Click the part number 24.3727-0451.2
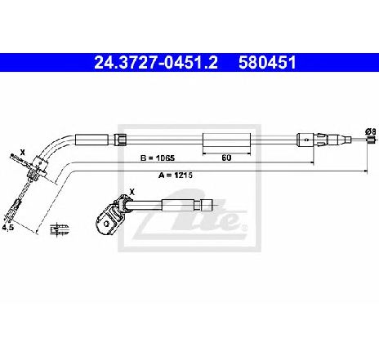(156, 63)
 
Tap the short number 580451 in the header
(267, 63)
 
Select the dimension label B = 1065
(158, 158)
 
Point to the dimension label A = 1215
(176, 175)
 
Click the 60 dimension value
(226, 158)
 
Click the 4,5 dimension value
(8, 228)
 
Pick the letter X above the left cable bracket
(23, 153)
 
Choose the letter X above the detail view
(132, 192)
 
